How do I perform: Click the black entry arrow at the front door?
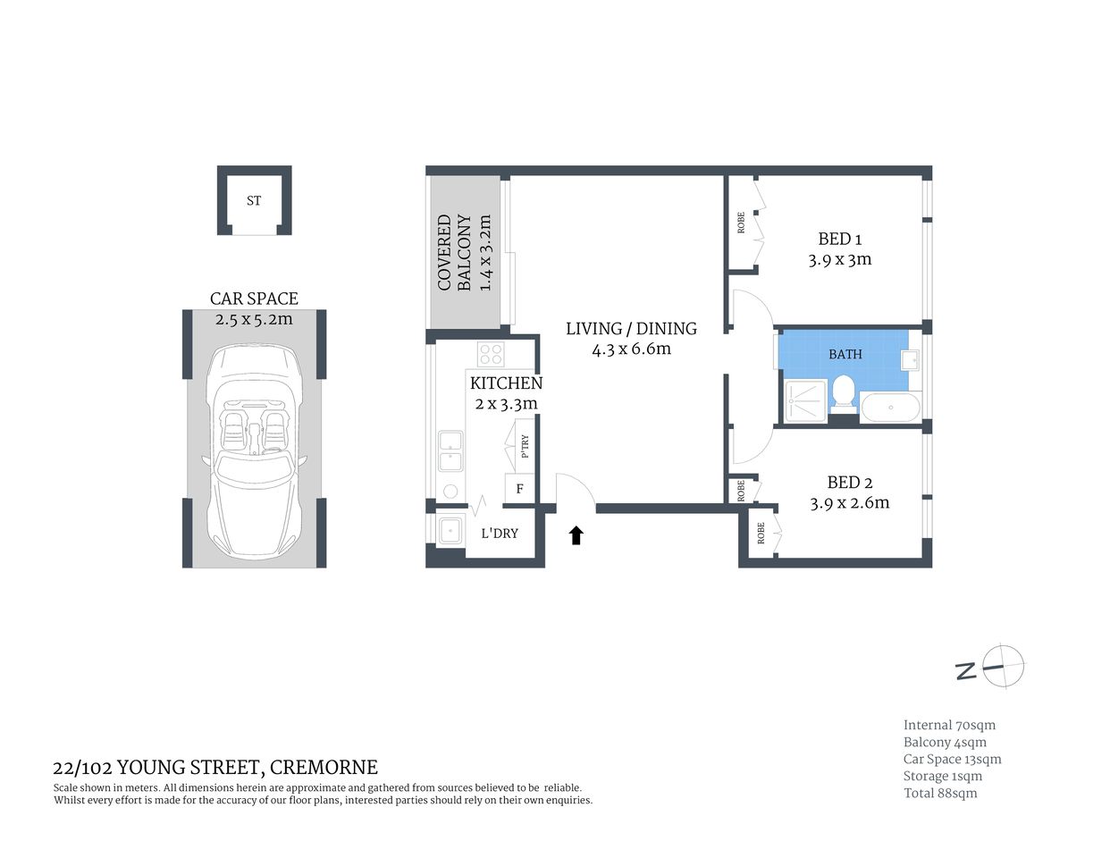(x=576, y=535)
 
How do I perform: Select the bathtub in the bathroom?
(x=890, y=408)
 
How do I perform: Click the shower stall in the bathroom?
(x=806, y=401)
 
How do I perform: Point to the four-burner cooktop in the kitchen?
(x=491, y=354)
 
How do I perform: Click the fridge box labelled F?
(x=519, y=489)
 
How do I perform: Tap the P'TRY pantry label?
(x=525, y=446)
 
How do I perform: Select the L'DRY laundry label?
(x=500, y=534)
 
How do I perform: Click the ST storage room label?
(x=254, y=201)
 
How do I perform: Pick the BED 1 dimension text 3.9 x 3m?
(x=839, y=260)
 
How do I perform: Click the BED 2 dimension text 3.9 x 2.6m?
(x=849, y=503)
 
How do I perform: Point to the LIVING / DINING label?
(x=631, y=328)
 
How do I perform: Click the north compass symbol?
(x=1004, y=666)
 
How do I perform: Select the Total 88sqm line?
(x=940, y=793)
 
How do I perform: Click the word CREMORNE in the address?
(x=324, y=767)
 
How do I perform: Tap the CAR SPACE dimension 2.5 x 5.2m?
(x=254, y=319)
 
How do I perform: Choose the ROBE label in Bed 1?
(x=741, y=223)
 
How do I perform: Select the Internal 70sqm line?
(x=949, y=725)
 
